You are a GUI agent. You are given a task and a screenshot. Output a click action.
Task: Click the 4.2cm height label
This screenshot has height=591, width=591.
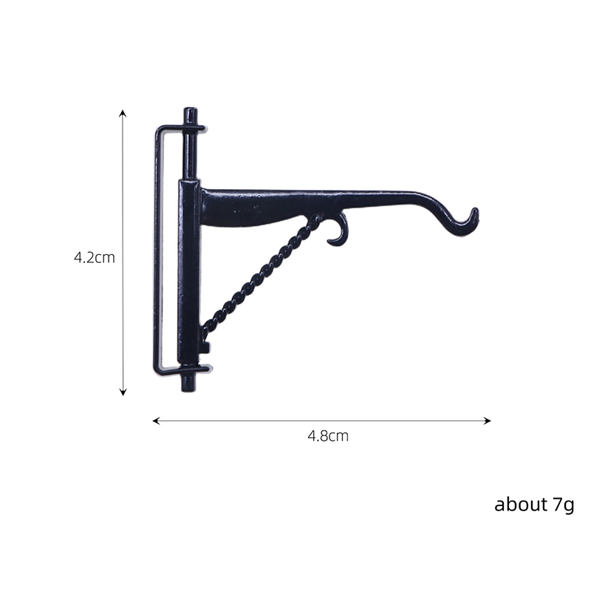[95, 257]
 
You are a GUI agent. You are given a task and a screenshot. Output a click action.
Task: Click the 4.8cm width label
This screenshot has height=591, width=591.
[328, 436]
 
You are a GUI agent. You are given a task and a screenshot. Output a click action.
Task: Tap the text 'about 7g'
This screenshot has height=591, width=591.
[534, 505]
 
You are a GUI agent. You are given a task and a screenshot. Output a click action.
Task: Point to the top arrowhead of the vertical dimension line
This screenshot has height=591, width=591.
[123, 112]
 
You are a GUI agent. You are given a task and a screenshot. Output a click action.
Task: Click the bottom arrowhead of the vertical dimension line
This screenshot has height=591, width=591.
[123, 393]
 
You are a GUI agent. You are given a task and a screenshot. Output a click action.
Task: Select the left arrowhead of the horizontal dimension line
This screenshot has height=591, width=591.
[155, 420]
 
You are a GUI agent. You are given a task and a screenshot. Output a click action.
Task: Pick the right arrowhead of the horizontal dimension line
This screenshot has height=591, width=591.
[488, 420]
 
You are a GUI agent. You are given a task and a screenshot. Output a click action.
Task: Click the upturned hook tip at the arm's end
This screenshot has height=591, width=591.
[476, 211]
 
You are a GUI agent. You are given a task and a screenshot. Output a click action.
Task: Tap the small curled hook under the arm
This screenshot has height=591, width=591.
[339, 233]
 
